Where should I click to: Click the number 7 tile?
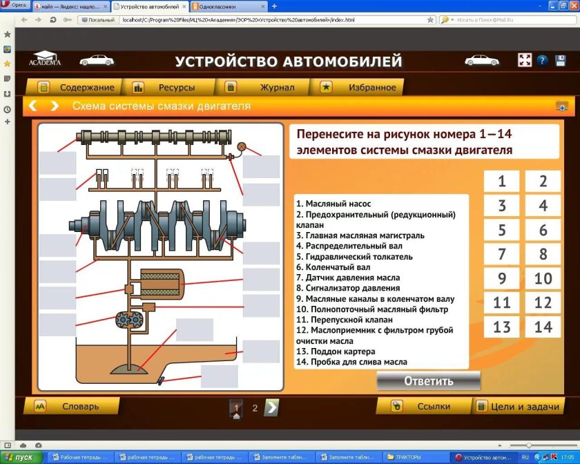click(501, 253)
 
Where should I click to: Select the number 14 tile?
click(543, 326)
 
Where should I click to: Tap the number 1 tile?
click(501, 182)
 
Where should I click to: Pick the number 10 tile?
click(543, 278)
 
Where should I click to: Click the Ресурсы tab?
click(169, 88)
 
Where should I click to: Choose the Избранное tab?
click(363, 88)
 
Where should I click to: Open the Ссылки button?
click(425, 407)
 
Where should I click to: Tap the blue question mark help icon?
click(542, 61)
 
